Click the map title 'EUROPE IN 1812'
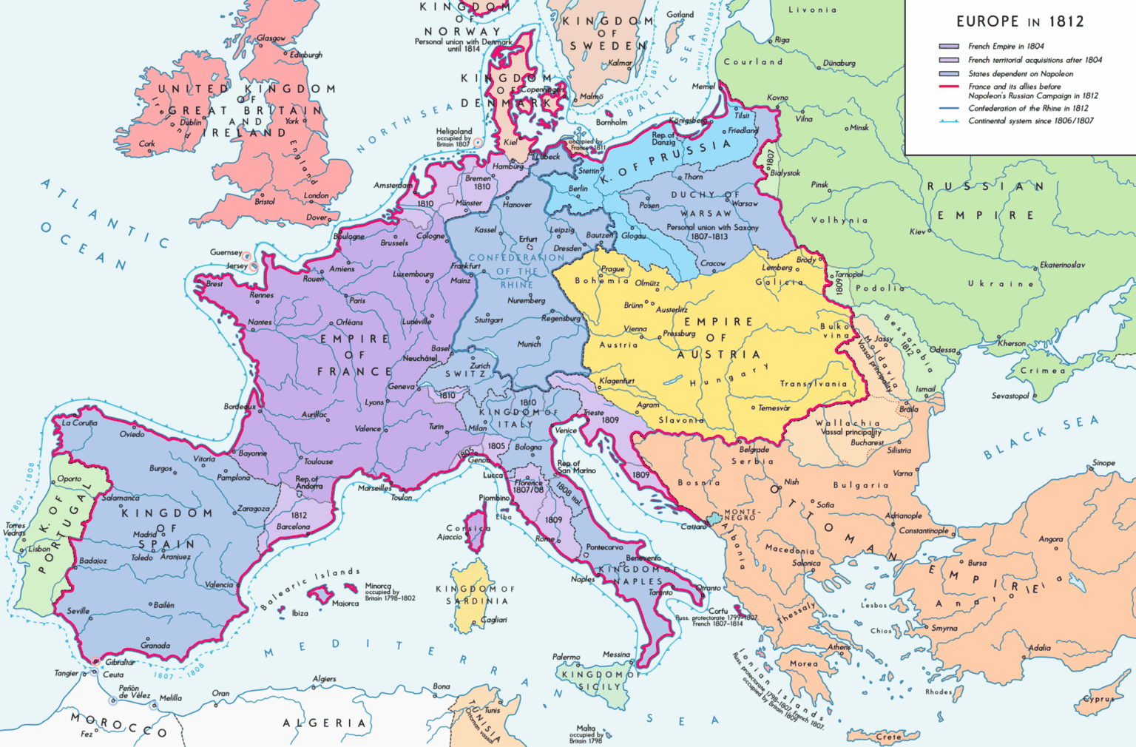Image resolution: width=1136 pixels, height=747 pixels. [x=1020, y=21]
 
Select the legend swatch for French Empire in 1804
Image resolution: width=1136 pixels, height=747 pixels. [x=949, y=47]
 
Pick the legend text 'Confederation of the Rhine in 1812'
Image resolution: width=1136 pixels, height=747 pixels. [x=1028, y=108]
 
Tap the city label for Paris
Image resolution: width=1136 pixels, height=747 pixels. [x=357, y=300]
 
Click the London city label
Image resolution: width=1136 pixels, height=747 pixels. [x=316, y=196]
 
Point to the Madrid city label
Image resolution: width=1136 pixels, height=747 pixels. [x=144, y=534]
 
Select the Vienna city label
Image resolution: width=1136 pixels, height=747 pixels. [x=635, y=329]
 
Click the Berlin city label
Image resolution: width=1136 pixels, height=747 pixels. [x=578, y=189]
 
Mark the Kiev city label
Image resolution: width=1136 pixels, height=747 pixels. [x=917, y=231]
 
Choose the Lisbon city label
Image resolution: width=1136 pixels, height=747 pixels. [x=39, y=549]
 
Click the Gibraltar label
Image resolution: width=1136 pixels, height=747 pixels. [x=120, y=662]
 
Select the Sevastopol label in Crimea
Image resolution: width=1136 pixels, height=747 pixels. [x=1010, y=396]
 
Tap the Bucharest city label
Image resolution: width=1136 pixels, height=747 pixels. [x=867, y=442]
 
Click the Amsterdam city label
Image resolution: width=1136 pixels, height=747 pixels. [x=392, y=185]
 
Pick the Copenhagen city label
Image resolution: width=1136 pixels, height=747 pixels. [x=542, y=89]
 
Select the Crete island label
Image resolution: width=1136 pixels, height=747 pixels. [x=888, y=737]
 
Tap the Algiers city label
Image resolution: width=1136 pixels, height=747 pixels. [x=324, y=678]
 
